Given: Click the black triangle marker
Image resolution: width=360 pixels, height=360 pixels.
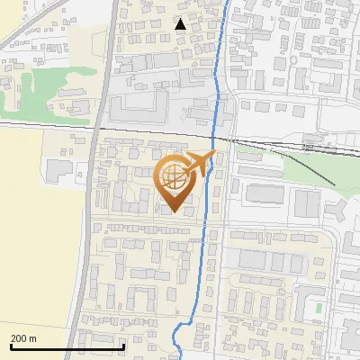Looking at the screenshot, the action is (x=181, y=24).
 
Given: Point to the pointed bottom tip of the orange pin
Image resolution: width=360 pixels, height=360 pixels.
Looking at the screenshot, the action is (x=172, y=212).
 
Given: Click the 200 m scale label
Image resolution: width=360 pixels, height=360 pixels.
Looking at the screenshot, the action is (x=24, y=338).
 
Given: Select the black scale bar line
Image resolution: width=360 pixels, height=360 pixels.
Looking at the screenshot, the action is (x=67, y=346).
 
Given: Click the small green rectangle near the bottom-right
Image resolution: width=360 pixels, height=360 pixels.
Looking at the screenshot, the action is (x=319, y=309).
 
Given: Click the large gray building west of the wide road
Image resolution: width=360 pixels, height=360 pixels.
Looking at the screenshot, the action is (x=58, y=171).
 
